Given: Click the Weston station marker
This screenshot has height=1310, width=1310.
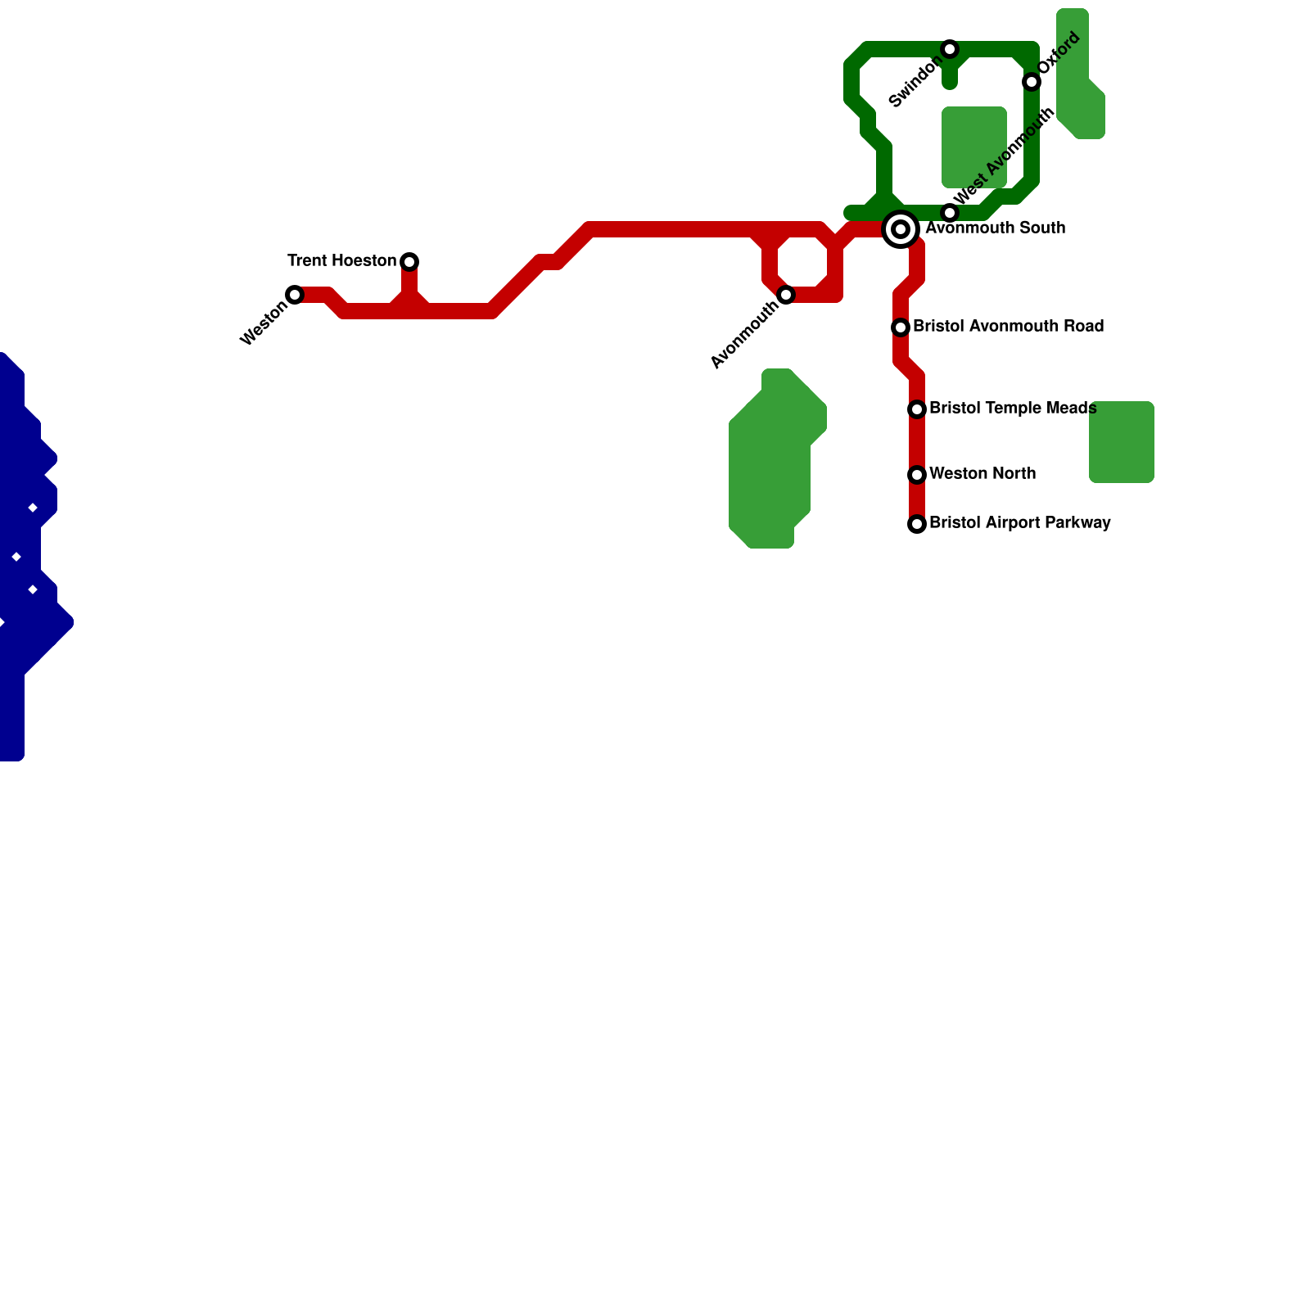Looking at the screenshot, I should point(295,295).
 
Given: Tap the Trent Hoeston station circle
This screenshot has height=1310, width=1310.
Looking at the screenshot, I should point(409,262).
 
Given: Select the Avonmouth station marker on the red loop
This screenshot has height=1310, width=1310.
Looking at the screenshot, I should point(786,295).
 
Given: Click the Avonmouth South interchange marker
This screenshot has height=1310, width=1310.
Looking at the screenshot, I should point(901,229).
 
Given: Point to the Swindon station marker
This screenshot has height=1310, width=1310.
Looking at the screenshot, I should point(950,49).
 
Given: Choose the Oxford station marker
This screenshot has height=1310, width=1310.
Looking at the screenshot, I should point(1032,82).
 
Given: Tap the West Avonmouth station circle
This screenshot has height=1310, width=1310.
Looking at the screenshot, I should point(950,213).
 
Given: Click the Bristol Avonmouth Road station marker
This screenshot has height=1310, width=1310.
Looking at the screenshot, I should point(901,327).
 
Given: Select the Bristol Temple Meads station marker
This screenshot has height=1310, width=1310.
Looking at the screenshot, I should point(917,409).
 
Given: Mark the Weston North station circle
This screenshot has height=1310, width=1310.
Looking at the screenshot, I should point(917,475).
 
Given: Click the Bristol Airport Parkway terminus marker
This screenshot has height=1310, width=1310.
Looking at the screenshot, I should point(917,524).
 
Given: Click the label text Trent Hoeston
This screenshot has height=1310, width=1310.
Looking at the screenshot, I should point(341,261).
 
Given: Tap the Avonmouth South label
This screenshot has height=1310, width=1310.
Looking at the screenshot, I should point(995,228).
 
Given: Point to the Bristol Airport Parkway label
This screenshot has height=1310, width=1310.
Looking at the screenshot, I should point(1019,523).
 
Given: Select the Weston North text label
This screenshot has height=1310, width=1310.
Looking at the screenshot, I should point(982,474).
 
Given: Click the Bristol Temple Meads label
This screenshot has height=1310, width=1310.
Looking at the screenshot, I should point(1013,409).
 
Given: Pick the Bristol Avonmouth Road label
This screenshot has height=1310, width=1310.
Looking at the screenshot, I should point(1008,327).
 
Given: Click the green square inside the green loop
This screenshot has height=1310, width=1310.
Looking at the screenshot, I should point(974,147).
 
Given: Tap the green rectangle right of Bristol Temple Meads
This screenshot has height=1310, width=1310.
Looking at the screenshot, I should point(1122,442).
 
